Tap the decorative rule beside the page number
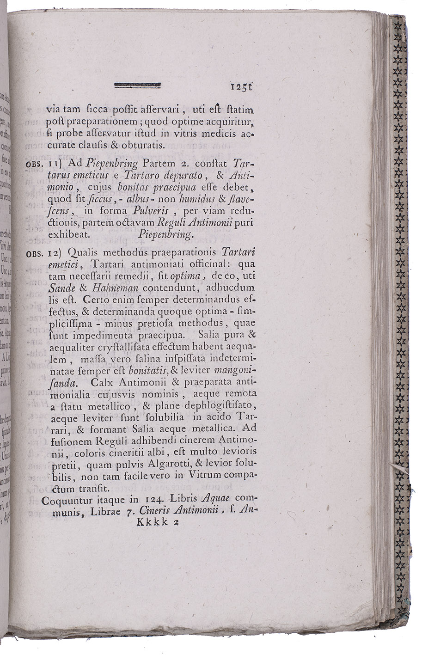[x=137, y=85]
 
